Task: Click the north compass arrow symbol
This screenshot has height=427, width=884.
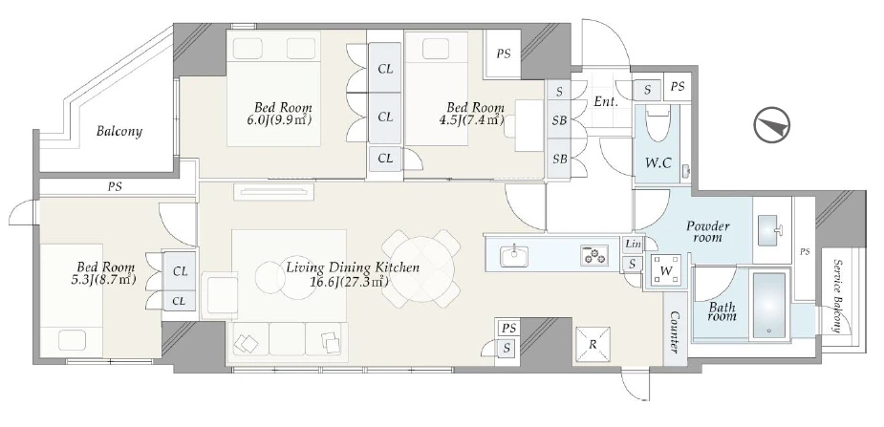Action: [x=772, y=124]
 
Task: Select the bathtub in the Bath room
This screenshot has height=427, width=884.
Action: [x=769, y=306]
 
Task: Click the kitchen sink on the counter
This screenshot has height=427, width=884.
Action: [x=513, y=256]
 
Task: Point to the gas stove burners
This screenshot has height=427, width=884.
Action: [x=594, y=255]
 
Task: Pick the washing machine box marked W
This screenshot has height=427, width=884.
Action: [x=666, y=271]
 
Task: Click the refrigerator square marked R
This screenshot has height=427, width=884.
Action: [x=592, y=345]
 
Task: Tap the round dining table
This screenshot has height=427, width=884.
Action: [x=421, y=269]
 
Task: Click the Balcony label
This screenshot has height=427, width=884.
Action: [x=119, y=132]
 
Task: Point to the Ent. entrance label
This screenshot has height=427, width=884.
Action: [x=606, y=102]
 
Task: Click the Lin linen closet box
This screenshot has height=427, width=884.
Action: [x=634, y=245]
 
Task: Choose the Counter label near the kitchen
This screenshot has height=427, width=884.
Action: [x=673, y=331]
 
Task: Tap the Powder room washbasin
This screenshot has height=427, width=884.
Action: [x=770, y=230]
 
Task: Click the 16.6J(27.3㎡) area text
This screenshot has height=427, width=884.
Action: [x=349, y=281]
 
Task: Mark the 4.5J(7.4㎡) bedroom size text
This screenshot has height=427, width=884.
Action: [x=474, y=120]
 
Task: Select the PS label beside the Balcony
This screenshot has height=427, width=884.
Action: [x=115, y=186]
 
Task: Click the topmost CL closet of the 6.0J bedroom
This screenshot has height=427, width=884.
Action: [x=385, y=69]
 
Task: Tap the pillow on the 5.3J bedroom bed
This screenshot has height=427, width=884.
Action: [x=72, y=341]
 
